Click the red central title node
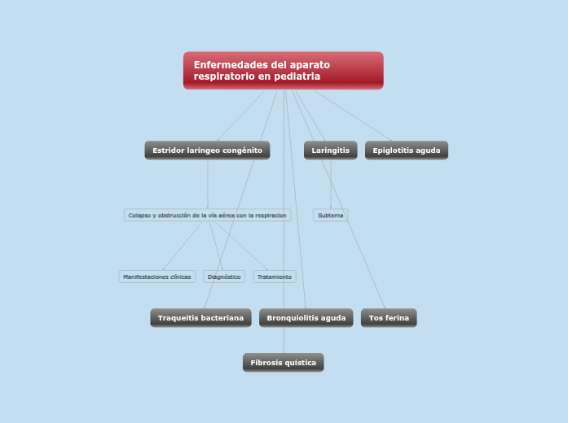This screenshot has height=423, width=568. [283, 70]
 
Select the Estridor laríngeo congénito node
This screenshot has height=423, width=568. [207, 150]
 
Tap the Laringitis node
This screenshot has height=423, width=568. [330, 150]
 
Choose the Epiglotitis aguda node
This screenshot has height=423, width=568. [406, 150]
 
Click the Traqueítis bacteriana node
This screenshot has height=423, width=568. [200, 318]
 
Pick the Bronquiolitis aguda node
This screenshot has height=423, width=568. [306, 318]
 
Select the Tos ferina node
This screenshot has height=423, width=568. [389, 318]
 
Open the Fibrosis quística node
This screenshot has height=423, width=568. [283, 363]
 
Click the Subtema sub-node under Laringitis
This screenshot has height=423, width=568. [330, 216]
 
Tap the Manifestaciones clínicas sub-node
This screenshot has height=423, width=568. [156, 277]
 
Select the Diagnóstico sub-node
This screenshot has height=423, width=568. [224, 277]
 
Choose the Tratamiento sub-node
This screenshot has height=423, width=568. [274, 277]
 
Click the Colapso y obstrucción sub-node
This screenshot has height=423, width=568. [207, 216]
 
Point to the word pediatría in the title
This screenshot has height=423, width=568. [296, 76]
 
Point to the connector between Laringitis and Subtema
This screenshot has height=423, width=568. [331, 184]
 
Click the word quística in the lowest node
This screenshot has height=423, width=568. [299, 363]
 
